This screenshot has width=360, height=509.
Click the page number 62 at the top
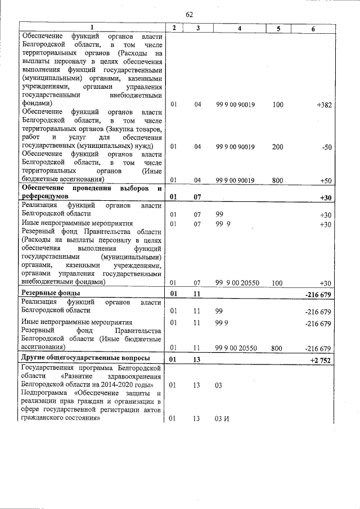point(189,15)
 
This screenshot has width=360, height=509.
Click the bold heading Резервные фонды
point(50,294)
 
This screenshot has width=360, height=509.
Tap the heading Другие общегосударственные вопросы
point(85,358)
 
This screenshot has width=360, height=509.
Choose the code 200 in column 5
point(277,147)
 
